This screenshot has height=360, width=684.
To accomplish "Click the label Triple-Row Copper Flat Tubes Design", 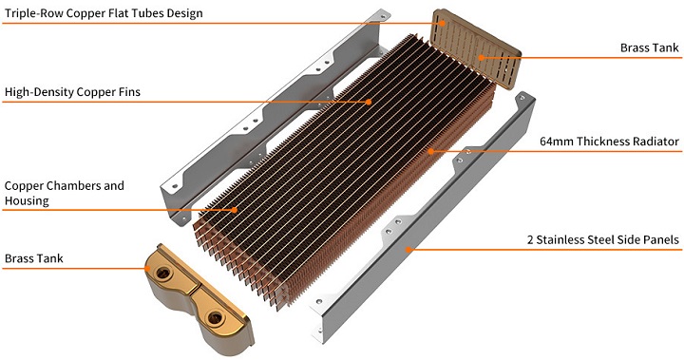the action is click(104, 13).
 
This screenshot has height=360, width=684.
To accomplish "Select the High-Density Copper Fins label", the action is click(72, 92).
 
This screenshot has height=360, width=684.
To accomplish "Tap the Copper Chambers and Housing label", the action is click(65, 193).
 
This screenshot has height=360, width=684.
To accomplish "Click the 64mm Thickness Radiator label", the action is click(609, 142).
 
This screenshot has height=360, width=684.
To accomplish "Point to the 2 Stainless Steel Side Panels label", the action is click(603, 239).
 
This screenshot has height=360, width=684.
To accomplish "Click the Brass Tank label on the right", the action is click(650, 47).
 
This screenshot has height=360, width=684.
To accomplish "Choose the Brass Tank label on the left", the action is click(34, 258).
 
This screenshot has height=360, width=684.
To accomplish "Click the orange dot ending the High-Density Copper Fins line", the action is click(369, 102).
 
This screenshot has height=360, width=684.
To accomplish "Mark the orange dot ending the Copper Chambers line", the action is click(235, 210).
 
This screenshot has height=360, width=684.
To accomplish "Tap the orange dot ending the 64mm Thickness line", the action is click(430, 151).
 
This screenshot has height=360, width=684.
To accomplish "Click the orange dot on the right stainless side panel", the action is click(408, 250).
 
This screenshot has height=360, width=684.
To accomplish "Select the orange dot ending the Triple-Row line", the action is click(442, 23).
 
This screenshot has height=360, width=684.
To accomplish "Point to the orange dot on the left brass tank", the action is click(148, 268).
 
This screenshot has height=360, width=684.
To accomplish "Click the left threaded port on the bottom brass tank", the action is click(163, 274).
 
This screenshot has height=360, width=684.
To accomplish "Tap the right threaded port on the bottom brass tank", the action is click(215, 317).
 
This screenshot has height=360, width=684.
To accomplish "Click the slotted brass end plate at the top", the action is click(476, 48).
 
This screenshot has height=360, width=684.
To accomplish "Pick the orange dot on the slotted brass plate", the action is click(481, 58).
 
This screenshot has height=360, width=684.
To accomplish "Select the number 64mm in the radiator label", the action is click(556, 142).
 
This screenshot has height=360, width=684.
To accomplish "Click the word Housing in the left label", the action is click(27, 200).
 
